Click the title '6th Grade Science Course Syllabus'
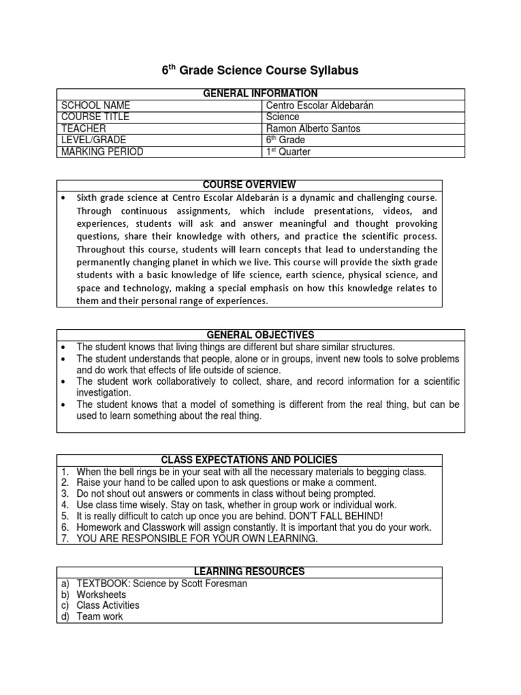click(x=260, y=71)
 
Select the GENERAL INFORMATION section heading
click(x=260, y=94)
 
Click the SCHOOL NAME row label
click(x=96, y=106)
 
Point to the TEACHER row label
click(x=85, y=129)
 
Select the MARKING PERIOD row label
click(x=102, y=152)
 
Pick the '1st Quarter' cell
click(x=288, y=152)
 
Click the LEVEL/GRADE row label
click(x=94, y=140)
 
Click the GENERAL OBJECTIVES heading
click(x=260, y=335)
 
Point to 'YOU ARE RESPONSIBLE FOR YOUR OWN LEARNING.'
click(x=197, y=539)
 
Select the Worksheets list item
click(x=101, y=595)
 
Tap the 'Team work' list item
click(x=100, y=617)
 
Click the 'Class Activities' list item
click(x=108, y=605)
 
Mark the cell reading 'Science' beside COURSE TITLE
click(x=283, y=117)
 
